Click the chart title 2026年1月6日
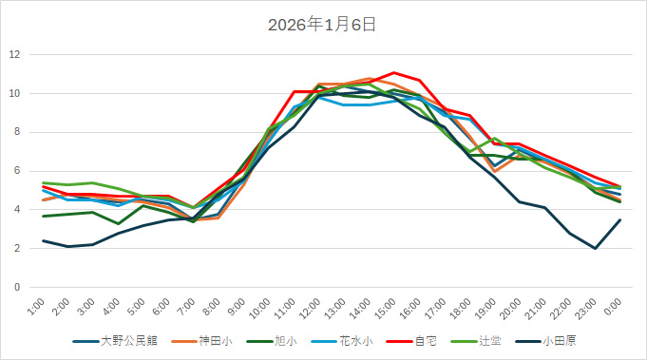tap(323, 25)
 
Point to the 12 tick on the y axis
tap(14, 54)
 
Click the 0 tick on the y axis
tap(17, 287)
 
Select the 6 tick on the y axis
tap(17, 171)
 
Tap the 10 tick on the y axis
tap(14, 93)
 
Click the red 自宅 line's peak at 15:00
tap(393, 72)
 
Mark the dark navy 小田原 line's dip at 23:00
tap(595, 248)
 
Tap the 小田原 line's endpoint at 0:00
tap(620, 219)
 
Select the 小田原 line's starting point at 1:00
tap(44, 240)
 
